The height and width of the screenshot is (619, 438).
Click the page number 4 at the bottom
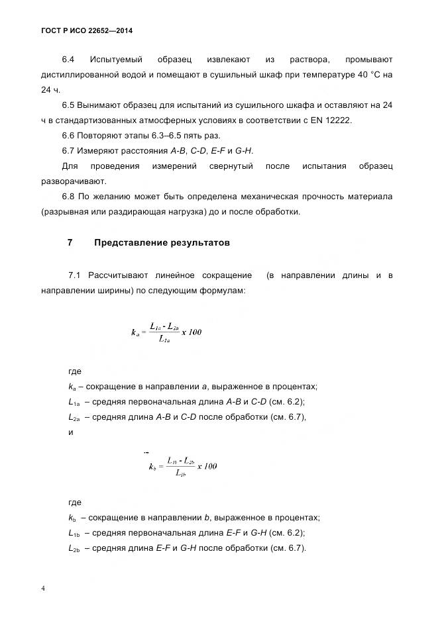coord(43,588)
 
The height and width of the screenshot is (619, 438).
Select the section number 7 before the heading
coord(70,242)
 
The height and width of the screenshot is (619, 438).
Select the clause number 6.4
coord(69,59)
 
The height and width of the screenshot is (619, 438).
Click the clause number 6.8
coord(69,196)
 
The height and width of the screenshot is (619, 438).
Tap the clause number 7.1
coord(74,275)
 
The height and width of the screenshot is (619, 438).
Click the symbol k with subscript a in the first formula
coord(136,333)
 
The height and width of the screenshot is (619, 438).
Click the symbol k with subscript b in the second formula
coord(152,467)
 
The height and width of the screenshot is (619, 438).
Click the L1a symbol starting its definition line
coord(74,402)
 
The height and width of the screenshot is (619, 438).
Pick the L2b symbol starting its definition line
coord(74,548)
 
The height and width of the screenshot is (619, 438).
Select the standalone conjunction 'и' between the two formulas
coord(71,432)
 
